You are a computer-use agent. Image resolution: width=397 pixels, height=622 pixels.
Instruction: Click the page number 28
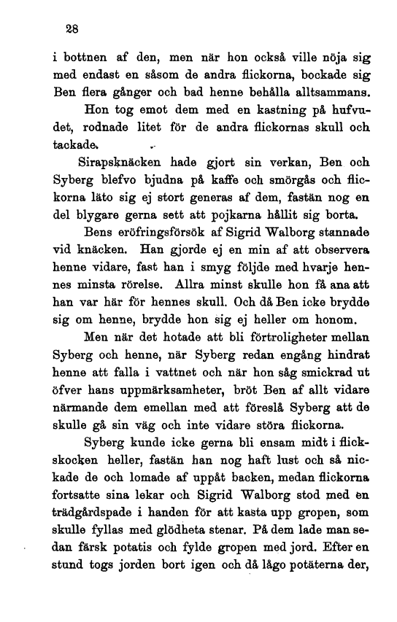click(x=70, y=30)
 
